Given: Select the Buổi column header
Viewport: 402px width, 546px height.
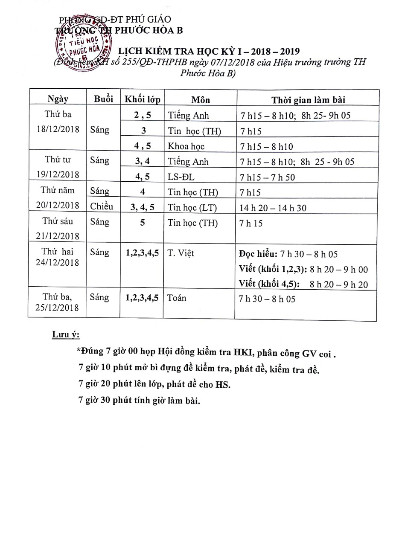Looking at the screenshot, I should coord(103,99).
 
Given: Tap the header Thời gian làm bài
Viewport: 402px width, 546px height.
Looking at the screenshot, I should coord(309,100).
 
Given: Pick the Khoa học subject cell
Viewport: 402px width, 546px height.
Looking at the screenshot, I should coord(186,146).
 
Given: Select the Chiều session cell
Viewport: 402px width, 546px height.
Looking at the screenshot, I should coord(102,206).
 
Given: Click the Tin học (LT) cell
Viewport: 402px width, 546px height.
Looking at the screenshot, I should coord(192,207).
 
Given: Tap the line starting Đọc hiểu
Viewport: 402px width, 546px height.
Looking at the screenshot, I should coord(288,254).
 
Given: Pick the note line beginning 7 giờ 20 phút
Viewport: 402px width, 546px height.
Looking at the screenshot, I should coord(154,384).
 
